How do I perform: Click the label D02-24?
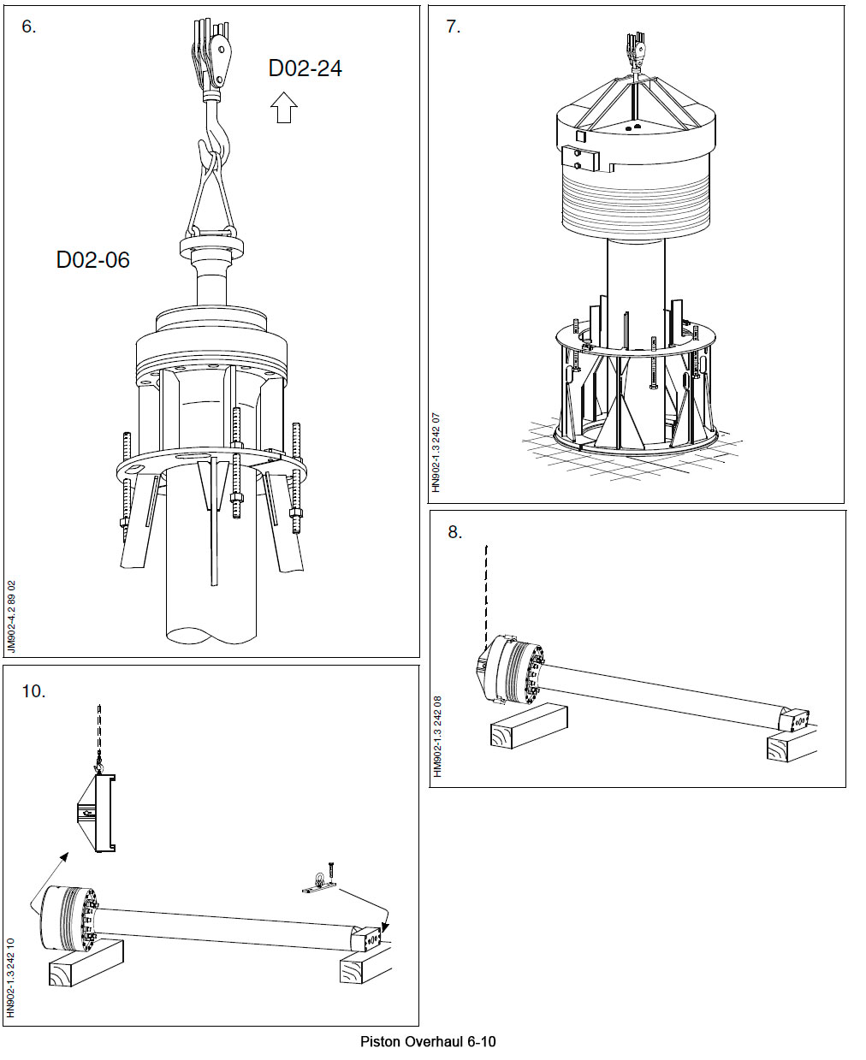point(305,68)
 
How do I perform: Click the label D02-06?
point(92,260)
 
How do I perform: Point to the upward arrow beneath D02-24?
point(283,108)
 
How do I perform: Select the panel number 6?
point(29,27)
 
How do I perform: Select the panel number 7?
point(453,27)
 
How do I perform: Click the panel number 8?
point(454,532)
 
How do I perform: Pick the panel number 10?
point(33,691)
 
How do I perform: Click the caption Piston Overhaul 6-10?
point(428,1041)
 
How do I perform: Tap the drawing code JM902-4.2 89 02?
point(11,617)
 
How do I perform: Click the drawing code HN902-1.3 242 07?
point(436,452)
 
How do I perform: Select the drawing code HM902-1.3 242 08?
point(436,736)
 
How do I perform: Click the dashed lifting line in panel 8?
point(486,590)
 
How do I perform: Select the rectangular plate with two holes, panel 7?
point(580,159)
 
